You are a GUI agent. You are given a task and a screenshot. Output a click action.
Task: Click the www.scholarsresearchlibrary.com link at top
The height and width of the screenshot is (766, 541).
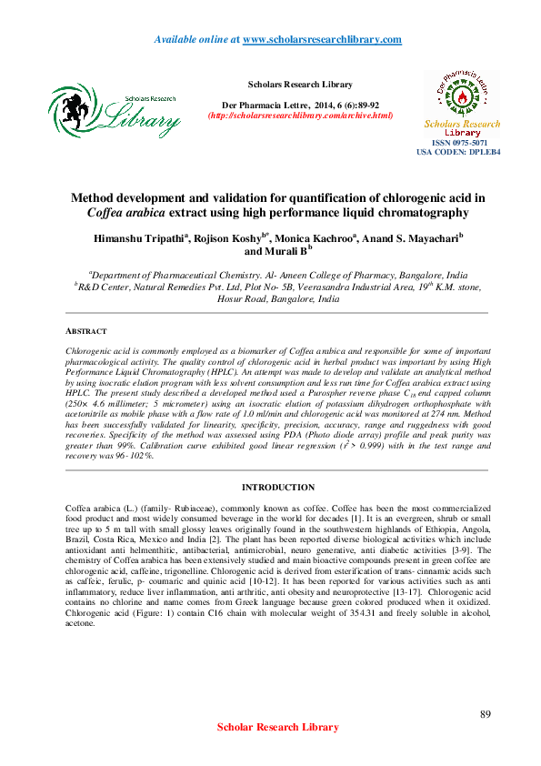pos(323,40)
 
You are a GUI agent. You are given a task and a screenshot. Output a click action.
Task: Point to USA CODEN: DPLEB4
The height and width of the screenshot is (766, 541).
pos(459,153)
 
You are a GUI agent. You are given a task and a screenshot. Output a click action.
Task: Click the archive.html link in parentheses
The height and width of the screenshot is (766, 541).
pos(300,116)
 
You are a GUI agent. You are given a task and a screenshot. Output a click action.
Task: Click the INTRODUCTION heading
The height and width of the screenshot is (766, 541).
pos(278,488)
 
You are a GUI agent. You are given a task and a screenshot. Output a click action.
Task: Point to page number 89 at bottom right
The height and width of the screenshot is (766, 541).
pos(485,713)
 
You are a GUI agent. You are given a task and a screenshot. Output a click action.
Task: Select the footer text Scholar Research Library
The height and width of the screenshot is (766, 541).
pos(278,727)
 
